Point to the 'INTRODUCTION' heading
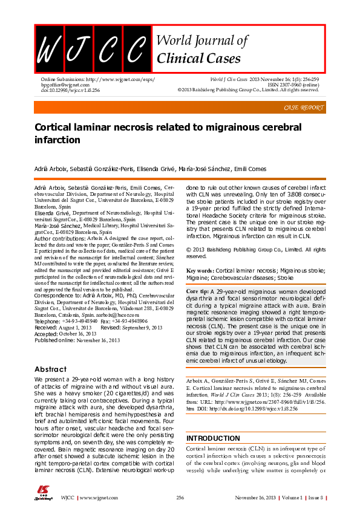coord(214,438)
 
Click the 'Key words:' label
coord(200,271)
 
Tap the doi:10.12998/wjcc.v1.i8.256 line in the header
coord(71,90)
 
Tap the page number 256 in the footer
coord(180,498)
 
